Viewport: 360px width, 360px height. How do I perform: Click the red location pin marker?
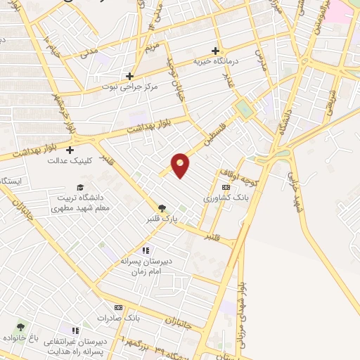coord(181,165)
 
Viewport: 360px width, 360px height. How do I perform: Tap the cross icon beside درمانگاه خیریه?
coord(217,51)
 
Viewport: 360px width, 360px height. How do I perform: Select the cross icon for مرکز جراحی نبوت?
coord(129,76)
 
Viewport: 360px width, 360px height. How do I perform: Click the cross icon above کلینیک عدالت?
coord(70,150)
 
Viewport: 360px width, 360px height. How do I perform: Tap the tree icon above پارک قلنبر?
coord(162,207)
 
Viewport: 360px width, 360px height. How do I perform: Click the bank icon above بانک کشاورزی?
coord(225,188)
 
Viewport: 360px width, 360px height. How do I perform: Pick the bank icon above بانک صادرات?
coord(118,307)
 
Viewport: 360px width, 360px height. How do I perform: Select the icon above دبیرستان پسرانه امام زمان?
coord(146,250)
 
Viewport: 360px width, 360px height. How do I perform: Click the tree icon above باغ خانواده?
coord(20,327)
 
